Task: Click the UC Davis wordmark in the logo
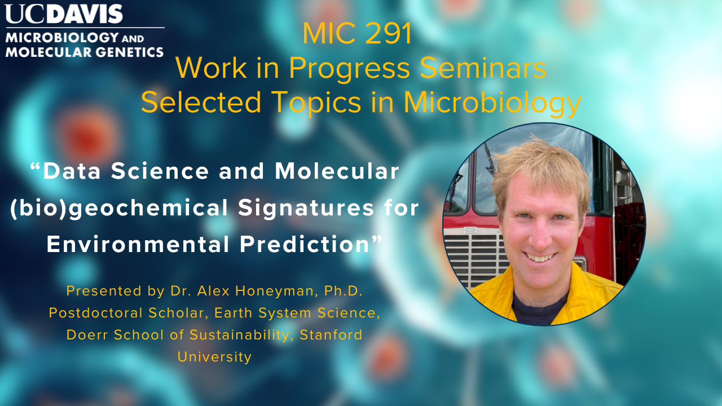(64, 14)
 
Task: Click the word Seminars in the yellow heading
(483, 68)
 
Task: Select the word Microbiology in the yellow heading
(492, 103)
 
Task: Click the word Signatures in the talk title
(306, 209)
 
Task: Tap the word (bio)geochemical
(119, 209)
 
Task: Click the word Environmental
(138, 244)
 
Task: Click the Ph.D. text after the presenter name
(344, 291)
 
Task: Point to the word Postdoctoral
(96, 313)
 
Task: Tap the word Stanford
(331, 335)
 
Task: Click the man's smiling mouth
(540, 257)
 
